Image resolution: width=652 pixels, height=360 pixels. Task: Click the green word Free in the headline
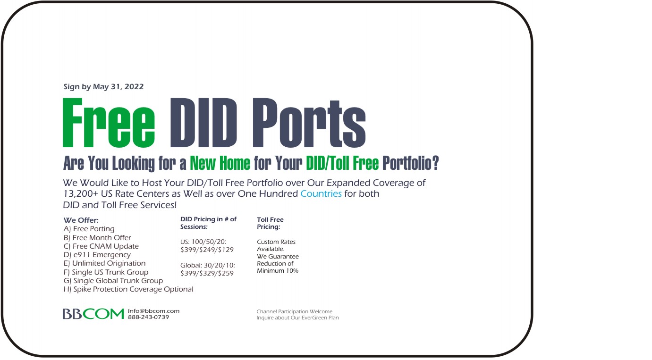pos(109,123)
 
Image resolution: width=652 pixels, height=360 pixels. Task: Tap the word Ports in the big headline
pos(309,123)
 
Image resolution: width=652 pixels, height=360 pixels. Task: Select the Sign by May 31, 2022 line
pos(103,87)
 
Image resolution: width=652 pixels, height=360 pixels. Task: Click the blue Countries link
pos(321,193)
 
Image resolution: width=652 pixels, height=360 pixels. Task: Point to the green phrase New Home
pos(220,163)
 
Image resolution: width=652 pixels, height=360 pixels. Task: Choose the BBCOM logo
pos(93,314)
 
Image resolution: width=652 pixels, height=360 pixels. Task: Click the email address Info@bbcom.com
pos(154,311)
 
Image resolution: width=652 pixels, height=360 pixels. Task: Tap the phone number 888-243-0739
pos(148,317)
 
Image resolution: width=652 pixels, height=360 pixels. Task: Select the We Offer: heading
pos(81,220)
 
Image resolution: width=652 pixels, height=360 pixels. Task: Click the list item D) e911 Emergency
pos(97,255)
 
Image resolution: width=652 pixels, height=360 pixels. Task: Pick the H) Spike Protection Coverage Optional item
pos(128,289)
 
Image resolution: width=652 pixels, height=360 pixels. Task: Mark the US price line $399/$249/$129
pos(207,250)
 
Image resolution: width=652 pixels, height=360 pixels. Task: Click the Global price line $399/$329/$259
pos(207,273)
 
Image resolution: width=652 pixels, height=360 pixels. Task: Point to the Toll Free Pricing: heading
pos(270,223)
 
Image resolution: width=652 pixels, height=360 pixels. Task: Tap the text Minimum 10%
pos(278,271)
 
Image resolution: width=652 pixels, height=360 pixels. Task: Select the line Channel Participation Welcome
pos(294,311)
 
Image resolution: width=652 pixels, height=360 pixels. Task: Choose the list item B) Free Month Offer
pos(97,238)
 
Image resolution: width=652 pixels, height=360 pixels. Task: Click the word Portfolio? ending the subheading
pos(410,163)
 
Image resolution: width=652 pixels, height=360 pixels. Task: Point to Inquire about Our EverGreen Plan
pos(297,318)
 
